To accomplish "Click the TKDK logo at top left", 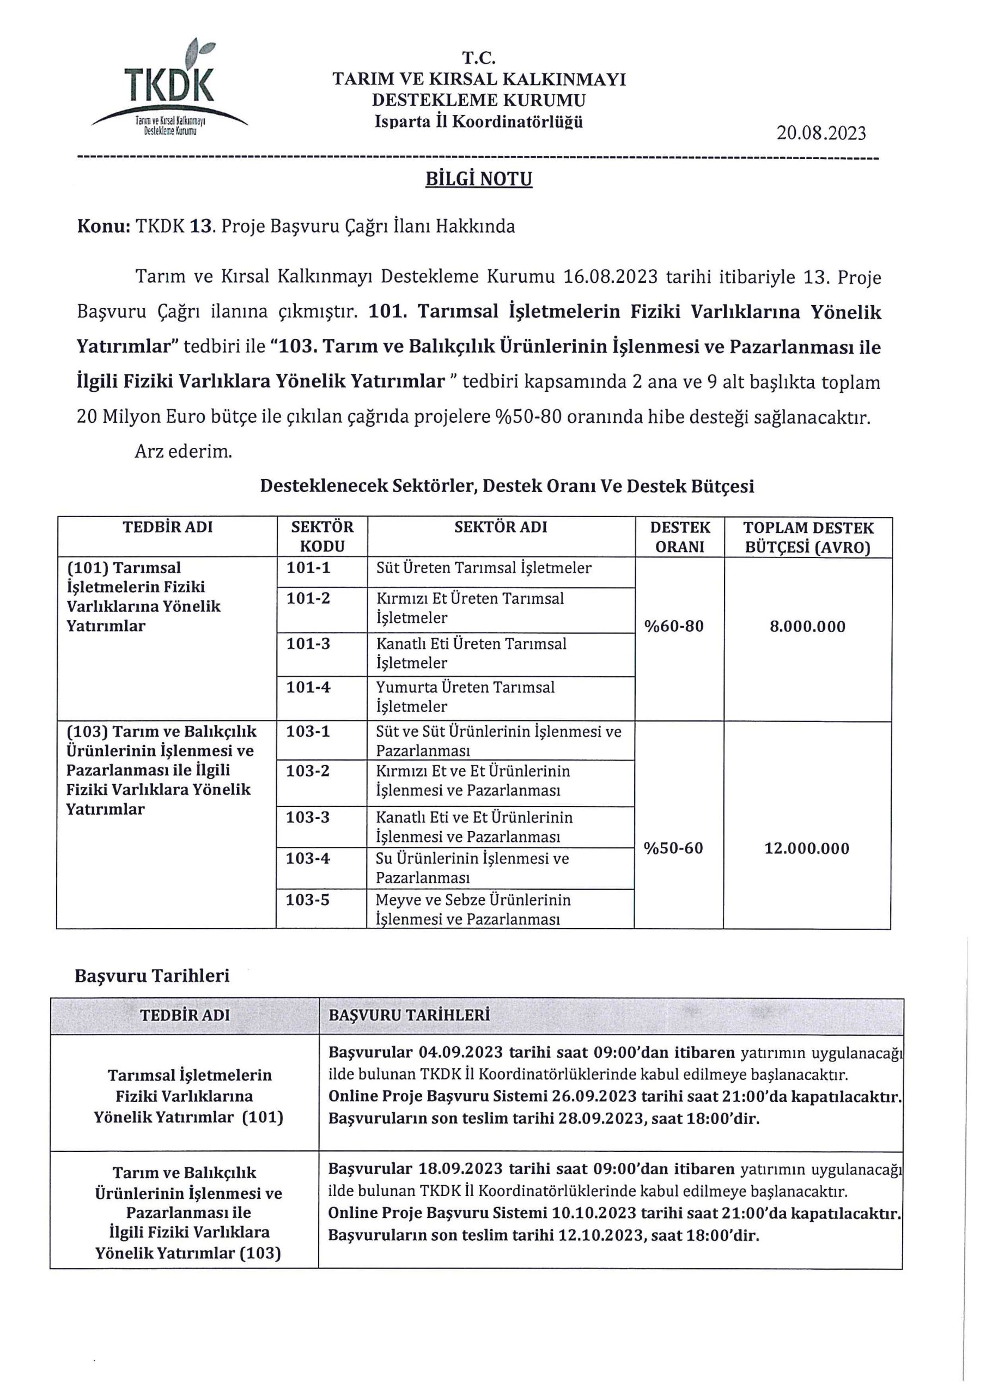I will click(169, 89).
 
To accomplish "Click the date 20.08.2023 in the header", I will click(821, 133).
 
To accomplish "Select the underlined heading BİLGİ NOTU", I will click(479, 179).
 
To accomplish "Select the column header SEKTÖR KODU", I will click(322, 537).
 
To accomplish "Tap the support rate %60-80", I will click(674, 627).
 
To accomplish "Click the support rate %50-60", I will click(674, 848).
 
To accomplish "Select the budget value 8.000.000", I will click(807, 627).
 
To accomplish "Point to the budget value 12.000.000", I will click(807, 848).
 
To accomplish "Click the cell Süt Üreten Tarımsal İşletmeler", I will click(484, 568).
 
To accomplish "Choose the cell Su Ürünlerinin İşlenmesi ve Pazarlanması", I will click(472, 868).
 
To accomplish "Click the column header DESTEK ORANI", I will click(680, 537).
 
